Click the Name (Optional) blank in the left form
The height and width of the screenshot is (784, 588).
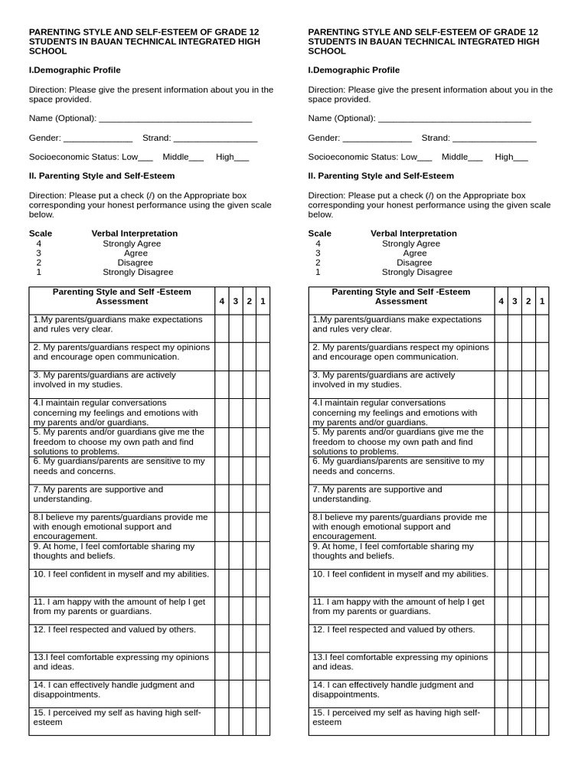click(175, 119)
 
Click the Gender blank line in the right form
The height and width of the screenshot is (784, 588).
click(377, 139)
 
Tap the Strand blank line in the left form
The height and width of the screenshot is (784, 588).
click(215, 139)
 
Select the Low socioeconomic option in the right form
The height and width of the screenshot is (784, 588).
click(425, 158)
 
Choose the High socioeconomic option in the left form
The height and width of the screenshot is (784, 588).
click(242, 158)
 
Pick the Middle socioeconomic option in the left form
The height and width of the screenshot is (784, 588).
click(196, 158)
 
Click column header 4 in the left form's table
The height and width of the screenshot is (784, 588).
click(221, 302)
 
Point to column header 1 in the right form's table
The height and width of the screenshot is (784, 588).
click(542, 302)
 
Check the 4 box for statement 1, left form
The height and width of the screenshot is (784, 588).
click(221, 328)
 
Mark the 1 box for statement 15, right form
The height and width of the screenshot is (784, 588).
click(542, 721)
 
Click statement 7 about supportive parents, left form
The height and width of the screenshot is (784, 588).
click(98, 494)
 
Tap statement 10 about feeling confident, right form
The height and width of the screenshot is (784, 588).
click(400, 574)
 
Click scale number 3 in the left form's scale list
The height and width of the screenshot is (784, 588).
click(38, 253)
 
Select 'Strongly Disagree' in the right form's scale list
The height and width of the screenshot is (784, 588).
click(417, 272)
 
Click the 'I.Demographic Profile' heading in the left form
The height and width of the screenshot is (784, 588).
click(74, 70)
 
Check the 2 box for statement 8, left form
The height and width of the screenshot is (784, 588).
click(249, 526)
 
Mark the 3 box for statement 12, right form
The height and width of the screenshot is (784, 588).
click(514, 637)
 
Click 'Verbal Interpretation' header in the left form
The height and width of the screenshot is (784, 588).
click(134, 234)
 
